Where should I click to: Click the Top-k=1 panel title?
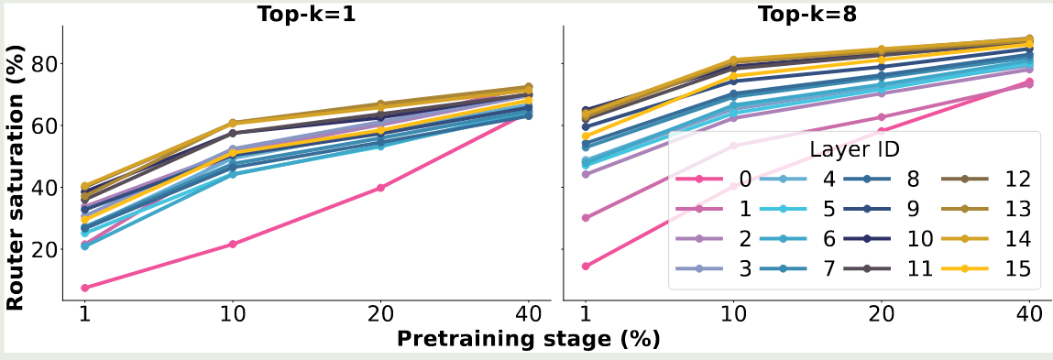tap(306, 13)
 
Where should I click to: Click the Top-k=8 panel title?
tap(802, 13)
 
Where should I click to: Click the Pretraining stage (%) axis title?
tap(529, 339)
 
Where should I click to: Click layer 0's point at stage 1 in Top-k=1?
tap(84, 289)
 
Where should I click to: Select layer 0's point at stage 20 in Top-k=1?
tap(380, 188)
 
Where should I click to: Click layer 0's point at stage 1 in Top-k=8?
tap(585, 266)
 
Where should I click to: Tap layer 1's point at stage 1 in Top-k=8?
tap(585, 218)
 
